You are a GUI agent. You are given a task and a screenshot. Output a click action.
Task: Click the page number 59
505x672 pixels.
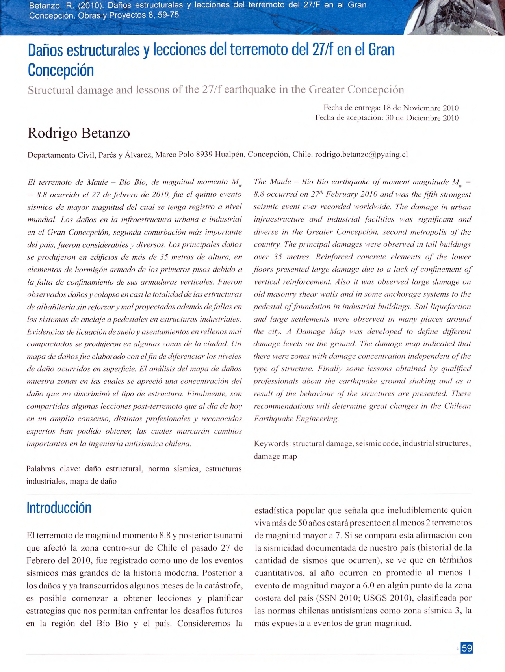click(467, 648)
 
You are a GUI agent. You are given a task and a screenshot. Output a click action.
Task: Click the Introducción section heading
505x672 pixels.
click(59, 508)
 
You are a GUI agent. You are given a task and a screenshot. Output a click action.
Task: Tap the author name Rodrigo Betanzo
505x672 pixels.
click(79, 133)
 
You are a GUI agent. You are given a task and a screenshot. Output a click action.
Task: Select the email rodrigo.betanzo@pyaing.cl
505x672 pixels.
click(361, 155)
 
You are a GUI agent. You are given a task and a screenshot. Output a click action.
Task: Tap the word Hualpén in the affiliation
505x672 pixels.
click(230, 155)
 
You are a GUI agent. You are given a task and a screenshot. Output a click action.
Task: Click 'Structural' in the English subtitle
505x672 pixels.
click(51, 90)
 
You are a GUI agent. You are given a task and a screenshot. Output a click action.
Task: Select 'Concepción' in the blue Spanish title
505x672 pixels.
click(61, 70)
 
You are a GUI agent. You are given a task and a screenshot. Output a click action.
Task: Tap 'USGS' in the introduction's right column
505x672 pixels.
click(375, 598)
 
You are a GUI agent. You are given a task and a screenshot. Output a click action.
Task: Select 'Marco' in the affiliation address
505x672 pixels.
click(166, 155)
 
